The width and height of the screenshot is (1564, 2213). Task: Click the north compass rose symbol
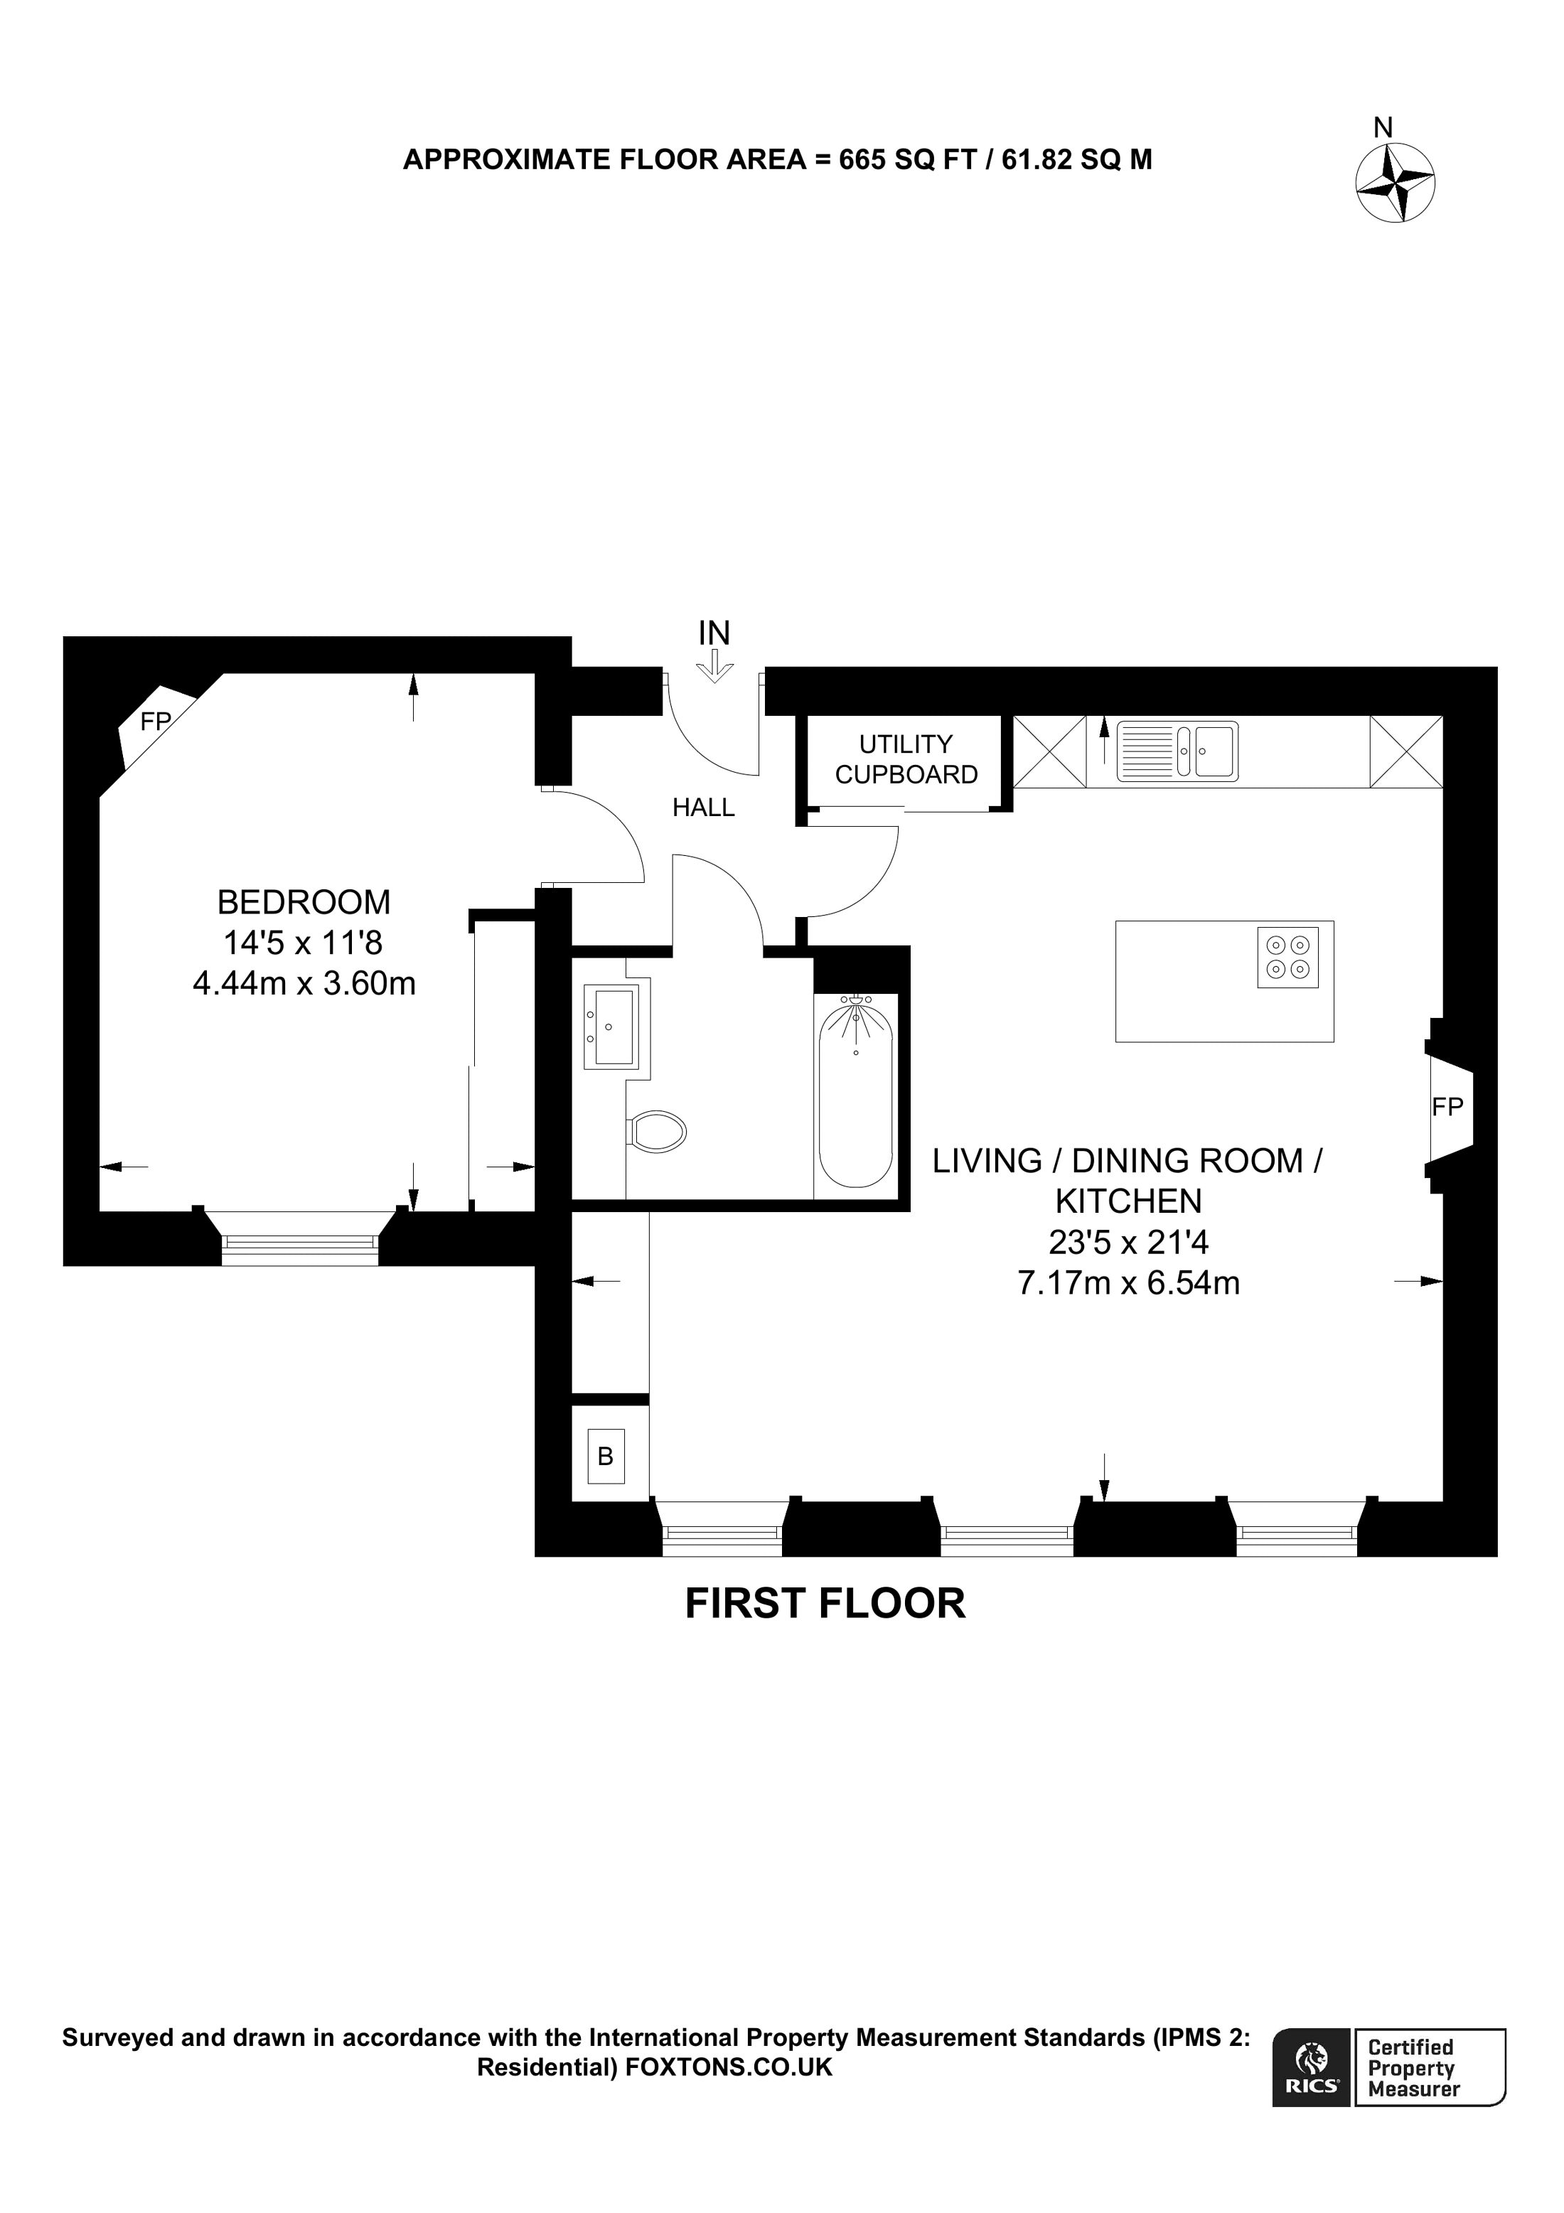pos(1394,182)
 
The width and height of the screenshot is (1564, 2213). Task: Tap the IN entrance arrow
pos(714,665)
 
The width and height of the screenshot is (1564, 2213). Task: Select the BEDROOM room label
pos(304,902)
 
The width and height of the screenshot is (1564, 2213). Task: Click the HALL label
pos(704,808)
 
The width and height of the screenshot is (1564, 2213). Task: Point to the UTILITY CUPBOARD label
pos(906,759)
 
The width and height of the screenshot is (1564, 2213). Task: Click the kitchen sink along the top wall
pos(1177,751)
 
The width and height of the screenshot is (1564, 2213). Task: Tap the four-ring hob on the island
pos(1287,956)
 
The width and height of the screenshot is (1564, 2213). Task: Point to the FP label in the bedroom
pos(155,721)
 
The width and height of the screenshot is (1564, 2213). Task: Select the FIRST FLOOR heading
pos(825,1604)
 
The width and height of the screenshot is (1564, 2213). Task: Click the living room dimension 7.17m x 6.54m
pos(1128,1283)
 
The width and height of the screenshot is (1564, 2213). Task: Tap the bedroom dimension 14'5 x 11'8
pos(304,942)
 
